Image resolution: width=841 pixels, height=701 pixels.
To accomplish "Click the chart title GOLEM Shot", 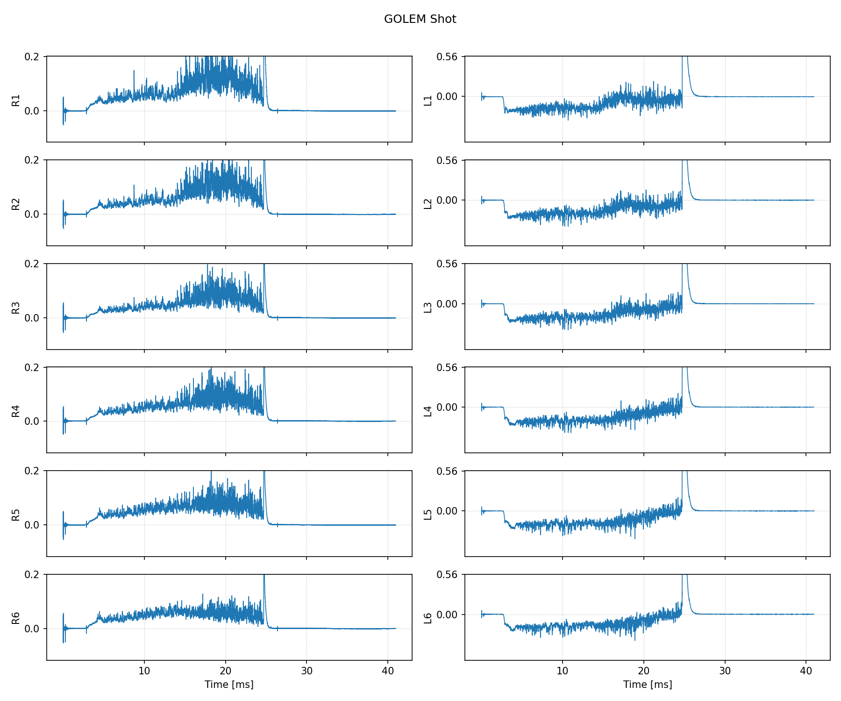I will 420,19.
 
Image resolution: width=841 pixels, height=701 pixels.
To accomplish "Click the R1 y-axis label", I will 16,100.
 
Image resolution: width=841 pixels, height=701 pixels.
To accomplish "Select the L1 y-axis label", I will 428,100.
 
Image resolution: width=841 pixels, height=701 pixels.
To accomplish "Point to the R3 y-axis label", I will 16,308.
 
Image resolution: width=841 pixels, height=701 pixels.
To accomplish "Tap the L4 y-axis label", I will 428,411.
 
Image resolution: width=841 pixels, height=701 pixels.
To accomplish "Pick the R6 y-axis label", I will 16,618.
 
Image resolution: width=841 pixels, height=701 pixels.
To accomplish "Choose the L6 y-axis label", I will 428,618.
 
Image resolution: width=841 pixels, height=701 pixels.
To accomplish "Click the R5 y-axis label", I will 16,515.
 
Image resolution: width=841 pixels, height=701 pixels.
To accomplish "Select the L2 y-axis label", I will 428,204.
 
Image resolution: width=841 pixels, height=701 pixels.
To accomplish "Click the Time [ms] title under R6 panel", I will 229,685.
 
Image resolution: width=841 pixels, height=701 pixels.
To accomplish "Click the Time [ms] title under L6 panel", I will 648,685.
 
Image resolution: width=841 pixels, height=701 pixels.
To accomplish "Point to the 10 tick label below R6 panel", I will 144,671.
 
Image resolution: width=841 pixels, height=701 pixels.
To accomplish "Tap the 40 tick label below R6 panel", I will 388,671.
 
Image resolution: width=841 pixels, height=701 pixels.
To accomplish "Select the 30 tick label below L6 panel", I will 725,671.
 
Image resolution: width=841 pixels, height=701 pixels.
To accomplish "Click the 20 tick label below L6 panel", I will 644,671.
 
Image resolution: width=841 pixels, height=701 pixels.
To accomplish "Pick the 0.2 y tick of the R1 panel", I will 32,57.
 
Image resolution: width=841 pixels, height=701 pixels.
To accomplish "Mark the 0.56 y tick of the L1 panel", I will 447,57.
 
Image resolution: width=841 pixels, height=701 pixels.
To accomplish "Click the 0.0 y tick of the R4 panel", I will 32,422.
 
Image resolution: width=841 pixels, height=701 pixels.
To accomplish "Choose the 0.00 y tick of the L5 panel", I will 447,511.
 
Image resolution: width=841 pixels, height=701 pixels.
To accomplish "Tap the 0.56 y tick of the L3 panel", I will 447,264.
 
